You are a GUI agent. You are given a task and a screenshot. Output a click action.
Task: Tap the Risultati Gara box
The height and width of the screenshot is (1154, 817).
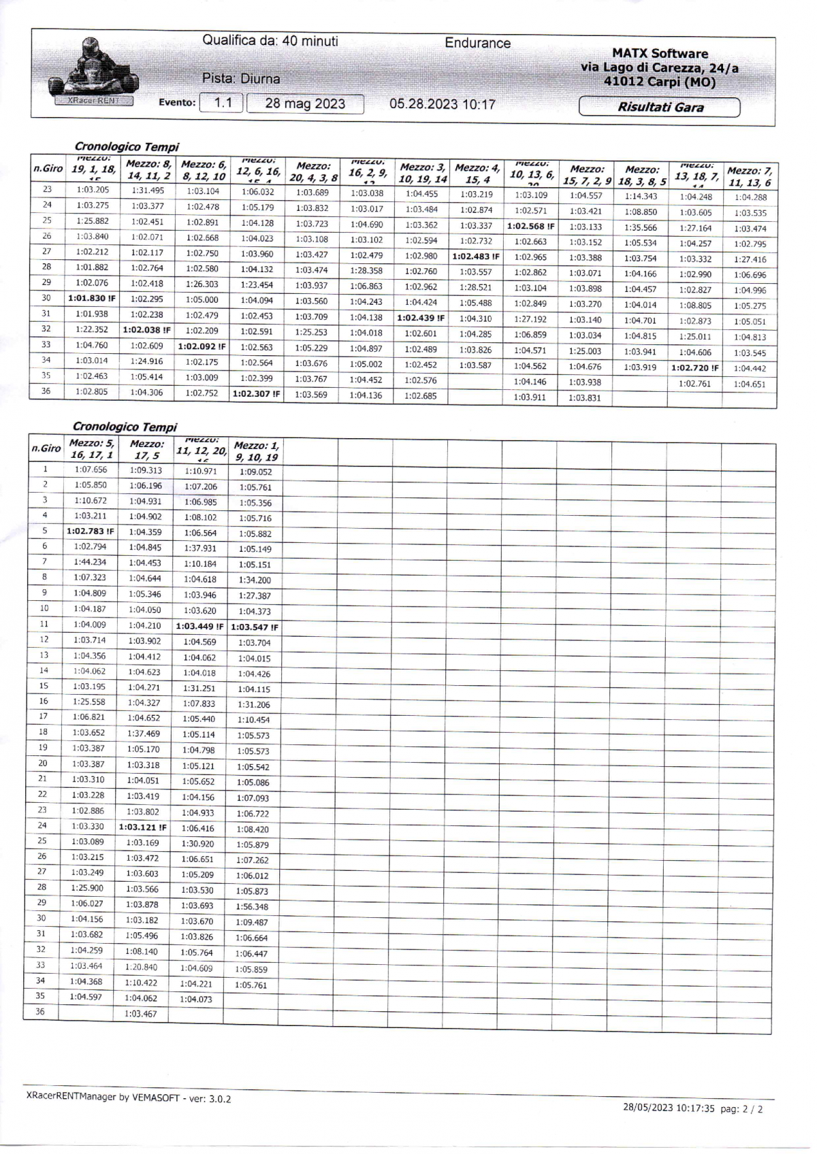(x=659, y=108)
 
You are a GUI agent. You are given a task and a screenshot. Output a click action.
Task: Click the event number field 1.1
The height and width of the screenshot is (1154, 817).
(x=222, y=103)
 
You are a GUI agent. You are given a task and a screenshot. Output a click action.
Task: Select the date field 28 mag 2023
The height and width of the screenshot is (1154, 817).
(x=305, y=104)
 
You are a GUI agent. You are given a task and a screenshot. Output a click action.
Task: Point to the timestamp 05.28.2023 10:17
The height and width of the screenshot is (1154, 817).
(x=442, y=104)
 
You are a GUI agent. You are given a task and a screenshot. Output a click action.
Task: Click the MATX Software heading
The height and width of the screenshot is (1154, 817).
(x=659, y=53)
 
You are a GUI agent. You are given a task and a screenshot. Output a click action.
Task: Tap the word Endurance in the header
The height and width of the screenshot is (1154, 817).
(x=477, y=43)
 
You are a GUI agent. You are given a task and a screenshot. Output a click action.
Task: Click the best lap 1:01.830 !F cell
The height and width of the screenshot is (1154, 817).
(x=92, y=298)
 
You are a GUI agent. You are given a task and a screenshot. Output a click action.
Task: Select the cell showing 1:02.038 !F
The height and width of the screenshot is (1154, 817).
(x=147, y=330)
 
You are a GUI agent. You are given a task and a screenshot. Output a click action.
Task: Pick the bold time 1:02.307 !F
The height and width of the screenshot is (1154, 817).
(x=257, y=393)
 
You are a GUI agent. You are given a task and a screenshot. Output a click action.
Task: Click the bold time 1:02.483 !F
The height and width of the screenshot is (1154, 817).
(x=476, y=257)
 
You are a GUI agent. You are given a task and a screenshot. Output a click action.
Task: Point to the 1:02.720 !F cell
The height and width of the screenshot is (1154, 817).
(x=694, y=368)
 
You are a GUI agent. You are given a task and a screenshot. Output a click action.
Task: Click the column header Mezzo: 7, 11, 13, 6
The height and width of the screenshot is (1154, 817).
(x=749, y=177)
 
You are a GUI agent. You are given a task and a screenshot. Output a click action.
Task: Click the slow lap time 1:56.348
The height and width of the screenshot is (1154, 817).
(x=253, y=906)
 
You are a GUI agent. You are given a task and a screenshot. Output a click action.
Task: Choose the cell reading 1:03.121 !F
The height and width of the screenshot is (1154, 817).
(x=143, y=827)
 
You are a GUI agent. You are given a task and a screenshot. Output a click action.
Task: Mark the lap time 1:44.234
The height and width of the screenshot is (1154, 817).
(x=90, y=562)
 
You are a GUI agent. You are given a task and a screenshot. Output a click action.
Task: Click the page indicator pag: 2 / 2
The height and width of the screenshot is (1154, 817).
(x=741, y=1109)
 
